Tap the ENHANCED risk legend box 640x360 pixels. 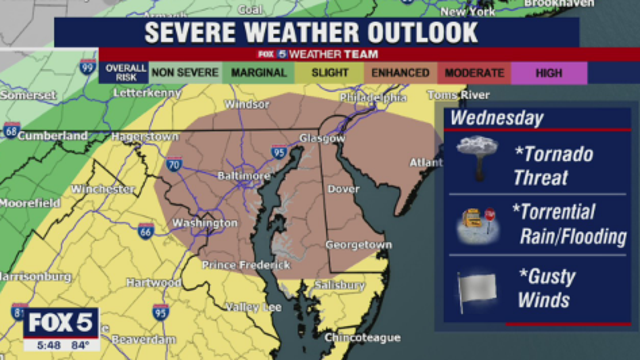tap(399, 72)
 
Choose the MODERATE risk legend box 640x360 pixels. tap(474, 72)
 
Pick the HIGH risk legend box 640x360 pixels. tap(548, 72)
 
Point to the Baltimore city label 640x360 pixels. tap(245, 175)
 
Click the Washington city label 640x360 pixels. tap(205, 223)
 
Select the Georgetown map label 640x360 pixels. tap(358, 245)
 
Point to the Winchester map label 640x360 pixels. tap(102, 188)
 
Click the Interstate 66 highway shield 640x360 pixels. tap(146, 231)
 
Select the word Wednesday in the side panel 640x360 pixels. tap(496, 118)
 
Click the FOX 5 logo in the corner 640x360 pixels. tap(62, 324)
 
